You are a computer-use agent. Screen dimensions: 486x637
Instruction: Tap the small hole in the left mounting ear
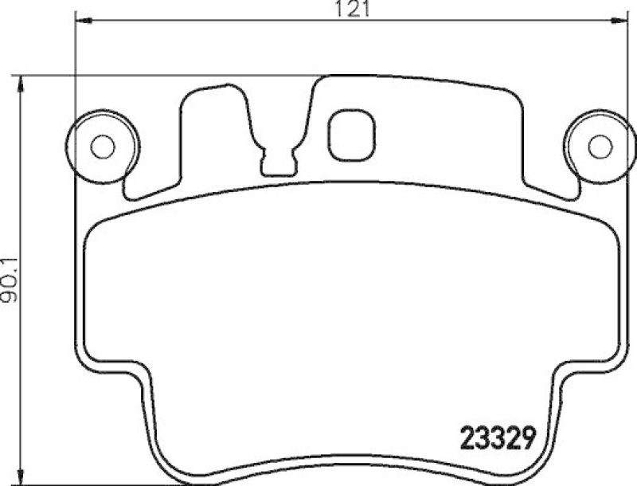101,147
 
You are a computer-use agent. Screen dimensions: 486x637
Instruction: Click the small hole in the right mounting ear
600,147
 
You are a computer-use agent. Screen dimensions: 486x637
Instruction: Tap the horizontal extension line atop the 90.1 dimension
159,76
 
